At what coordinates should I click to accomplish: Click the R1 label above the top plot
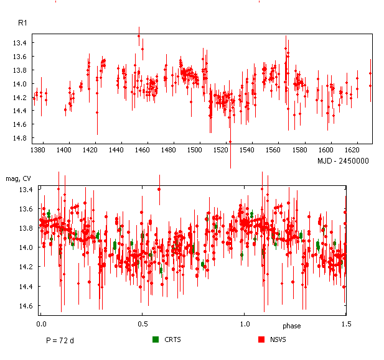(x=23, y=23)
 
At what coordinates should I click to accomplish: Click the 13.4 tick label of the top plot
(x=20, y=43)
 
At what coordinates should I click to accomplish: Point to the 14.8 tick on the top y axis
(x=20, y=138)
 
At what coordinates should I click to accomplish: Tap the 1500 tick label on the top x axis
(x=196, y=150)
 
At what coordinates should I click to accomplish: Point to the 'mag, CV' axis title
(x=19, y=179)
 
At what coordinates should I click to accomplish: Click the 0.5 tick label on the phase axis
(x=143, y=324)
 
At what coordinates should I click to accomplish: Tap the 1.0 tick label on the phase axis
(x=245, y=324)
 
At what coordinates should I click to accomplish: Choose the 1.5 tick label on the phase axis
(x=345, y=324)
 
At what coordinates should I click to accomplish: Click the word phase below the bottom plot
(x=292, y=326)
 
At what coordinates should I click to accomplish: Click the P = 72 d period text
(x=61, y=341)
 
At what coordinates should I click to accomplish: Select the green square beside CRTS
(x=156, y=339)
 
